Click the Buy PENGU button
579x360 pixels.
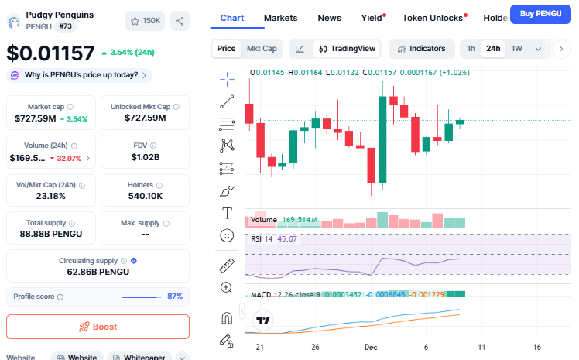point(540,14)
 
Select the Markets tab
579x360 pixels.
point(280,17)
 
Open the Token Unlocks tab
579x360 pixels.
point(433,17)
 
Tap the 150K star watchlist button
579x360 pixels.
point(145,21)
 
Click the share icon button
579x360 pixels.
point(180,21)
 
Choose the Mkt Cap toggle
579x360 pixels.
point(262,49)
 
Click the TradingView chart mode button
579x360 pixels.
point(347,49)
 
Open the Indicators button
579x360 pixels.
point(422,49)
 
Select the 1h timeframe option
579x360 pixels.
point(471,49)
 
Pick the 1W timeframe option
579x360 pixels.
point(516,49)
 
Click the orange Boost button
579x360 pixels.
point(98,327)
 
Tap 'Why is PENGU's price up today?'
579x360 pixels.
point(81,75)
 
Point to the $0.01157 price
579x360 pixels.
point(50,53)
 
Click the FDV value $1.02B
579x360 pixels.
point(145,157)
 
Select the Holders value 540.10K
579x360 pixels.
point(145,196)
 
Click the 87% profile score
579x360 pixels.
point(175,297)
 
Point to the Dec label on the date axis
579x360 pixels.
point(371,347)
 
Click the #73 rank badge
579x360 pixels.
point(65,26)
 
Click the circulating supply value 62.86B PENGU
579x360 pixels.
point(98,272)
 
